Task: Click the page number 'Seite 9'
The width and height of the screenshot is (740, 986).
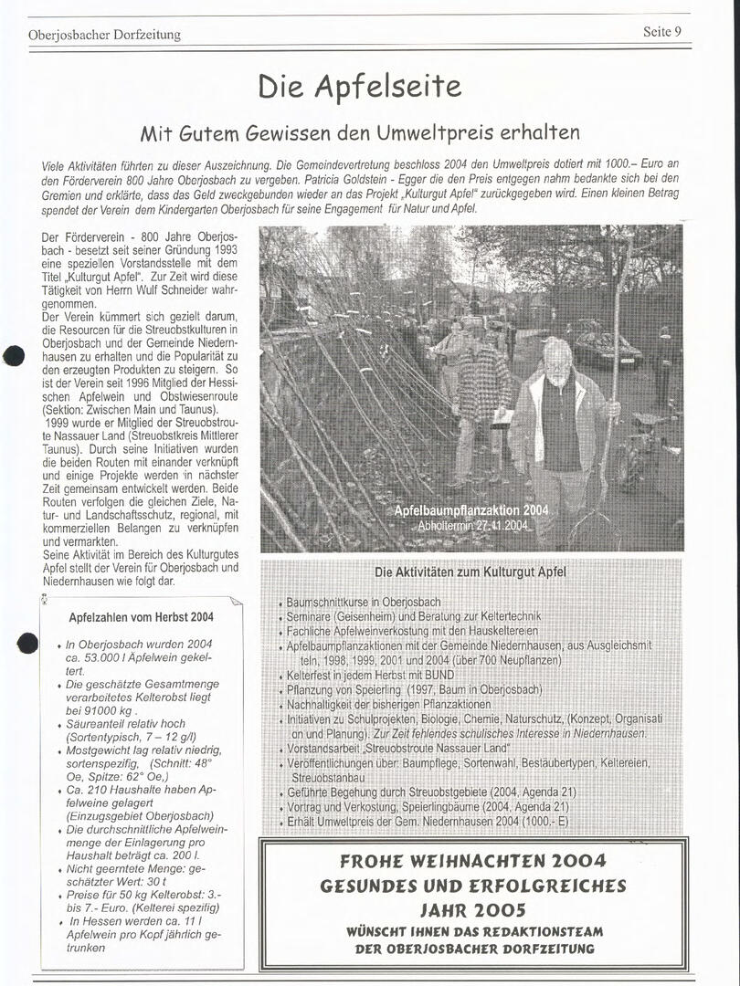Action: point(662,31)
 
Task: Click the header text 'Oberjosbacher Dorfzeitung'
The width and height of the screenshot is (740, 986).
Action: point(105,35)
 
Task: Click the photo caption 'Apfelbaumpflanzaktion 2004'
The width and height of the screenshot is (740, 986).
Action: point(470,510)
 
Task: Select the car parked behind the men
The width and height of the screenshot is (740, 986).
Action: point(606,349)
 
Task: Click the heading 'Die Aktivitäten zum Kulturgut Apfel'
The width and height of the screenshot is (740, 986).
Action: point(470,572)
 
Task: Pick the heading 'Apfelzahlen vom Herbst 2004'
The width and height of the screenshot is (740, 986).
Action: point(142,617)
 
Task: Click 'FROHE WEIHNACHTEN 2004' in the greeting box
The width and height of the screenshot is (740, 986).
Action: point(472,862)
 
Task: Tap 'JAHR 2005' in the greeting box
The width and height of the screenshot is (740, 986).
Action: point(472,909)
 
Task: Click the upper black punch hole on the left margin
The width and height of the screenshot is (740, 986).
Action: point(14,356)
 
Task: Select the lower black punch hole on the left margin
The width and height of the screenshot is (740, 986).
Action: point(27,643)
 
